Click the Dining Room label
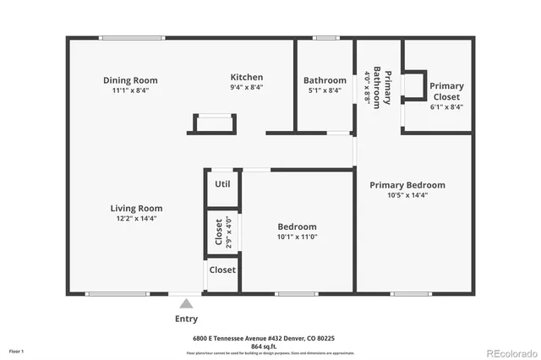tap(130, 80)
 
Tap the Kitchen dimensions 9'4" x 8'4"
tap(246, 87)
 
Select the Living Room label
tap(136, 208)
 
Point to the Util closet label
tap(222, 183)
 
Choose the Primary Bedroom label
tap(407, 185)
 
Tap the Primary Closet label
tap(445, 90)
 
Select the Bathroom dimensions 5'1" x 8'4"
tap(325, 90)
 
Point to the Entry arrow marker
tap(186, 302)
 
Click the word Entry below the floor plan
tap(186, 319)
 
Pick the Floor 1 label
tap(17, 350)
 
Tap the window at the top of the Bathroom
tap(325, 37)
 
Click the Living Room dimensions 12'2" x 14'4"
tap(136, 218)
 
